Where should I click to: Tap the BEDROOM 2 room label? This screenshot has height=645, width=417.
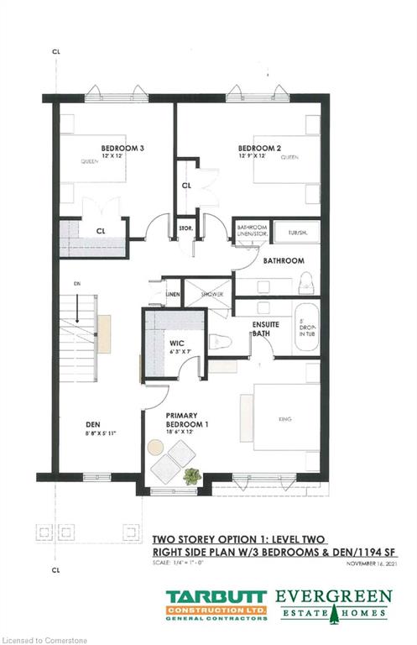(x=266, y=148)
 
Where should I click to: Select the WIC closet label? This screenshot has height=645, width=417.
(x=176, y=343)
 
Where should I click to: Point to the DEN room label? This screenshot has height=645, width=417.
(x=93, y=425)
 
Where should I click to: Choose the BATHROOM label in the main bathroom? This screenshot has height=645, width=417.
(x=283, y=261)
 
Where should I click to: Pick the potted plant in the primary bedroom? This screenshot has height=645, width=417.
(x=192, y=475)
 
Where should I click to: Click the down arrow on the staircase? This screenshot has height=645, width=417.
(x=77, y=312)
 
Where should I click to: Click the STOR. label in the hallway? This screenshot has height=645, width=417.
(x=186, y=227)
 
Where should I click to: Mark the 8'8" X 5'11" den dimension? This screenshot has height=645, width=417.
(x=93, y=434)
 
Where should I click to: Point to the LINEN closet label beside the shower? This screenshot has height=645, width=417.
(x=173, y=295)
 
